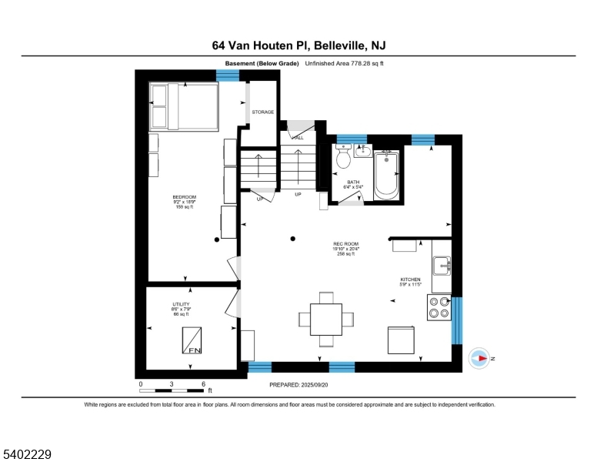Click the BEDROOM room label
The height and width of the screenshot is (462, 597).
coord(185,197)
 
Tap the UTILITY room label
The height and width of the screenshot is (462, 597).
coord(181,305)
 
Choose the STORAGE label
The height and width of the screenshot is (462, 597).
coord(263,112)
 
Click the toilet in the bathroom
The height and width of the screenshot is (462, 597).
coord(343,158)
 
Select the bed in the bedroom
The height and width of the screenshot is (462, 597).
coord(184,106)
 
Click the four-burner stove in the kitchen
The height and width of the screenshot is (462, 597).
coord(439,308)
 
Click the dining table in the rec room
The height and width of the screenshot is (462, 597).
coord(326,318)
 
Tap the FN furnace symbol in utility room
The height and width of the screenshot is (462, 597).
coord(192,340)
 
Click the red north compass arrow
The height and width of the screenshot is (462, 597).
coord(480,358)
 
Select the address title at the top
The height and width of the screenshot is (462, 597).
coord(298,45)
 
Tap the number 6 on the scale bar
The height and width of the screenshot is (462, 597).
coord(203,383)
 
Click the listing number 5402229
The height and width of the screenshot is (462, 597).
coord(28,455)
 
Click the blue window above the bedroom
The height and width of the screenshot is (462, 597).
coord(228,75)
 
